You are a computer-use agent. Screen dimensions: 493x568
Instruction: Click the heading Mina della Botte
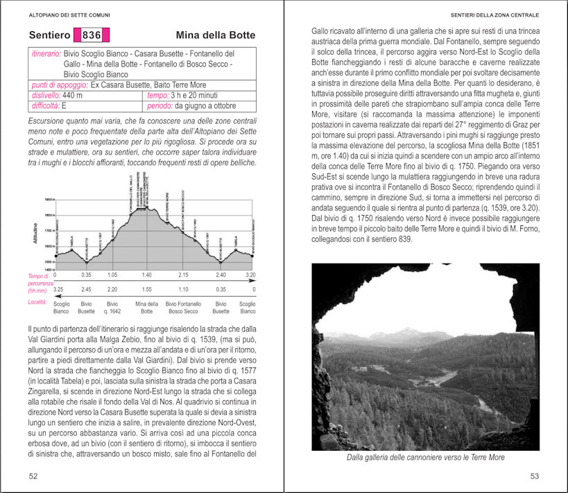pyautogui.click(x=215, y=35)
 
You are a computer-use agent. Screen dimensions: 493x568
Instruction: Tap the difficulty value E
pyautogui.click(x=64, y=106)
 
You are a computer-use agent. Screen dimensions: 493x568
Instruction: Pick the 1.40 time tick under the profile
pyautogui.click(x=146, y=275)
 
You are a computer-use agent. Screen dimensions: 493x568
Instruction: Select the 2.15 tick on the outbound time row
pyautogui.click(x=183, y=275)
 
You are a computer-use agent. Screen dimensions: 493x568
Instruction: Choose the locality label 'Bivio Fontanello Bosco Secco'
pyautogui.click(x=184, y=306)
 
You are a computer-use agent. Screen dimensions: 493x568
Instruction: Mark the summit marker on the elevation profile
pyautogui.click(x=146, y=207)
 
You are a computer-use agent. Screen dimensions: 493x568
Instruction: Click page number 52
pyautogui.click(x=34, y=476)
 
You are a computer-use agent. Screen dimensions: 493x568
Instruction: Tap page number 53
pyautogui.click(x=534, y=476)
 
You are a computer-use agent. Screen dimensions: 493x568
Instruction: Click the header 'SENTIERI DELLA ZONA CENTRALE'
pyautogui.click(x=494, y=14)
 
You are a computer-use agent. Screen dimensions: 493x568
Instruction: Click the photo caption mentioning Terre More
pyautogui.click(x=425, y=457)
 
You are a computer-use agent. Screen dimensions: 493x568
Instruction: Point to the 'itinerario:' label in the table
pyautogui.click(x=46, y=53)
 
